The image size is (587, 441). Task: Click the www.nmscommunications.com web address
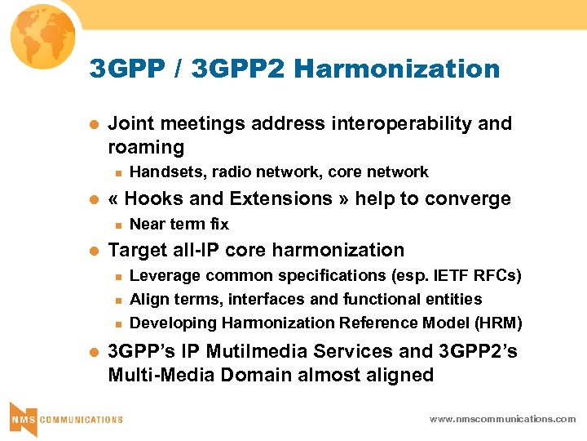(503, 419)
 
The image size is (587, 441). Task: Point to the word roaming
(146, 147)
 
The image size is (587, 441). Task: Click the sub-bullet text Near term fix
(179, 224)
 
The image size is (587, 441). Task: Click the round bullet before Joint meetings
(92, 125)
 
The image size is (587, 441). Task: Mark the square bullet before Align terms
(117, 301)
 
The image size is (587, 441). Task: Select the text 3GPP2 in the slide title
(237, 69)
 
